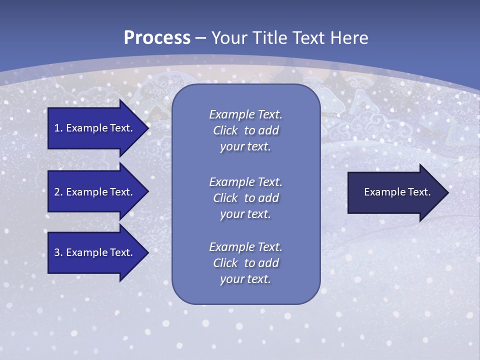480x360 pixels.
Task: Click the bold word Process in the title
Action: tap(157, 37)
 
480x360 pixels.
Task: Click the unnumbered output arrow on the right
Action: tap(390, 192)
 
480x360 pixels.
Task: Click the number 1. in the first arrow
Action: tap(58, 128)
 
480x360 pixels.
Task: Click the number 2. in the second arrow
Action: tap(58, 192)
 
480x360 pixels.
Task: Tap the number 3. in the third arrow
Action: tap(58, 252)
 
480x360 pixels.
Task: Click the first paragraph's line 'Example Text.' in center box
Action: tap(245, 114)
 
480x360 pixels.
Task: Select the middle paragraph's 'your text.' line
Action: tap(245, 214)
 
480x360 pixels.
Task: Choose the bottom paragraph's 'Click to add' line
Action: tap(245, 263)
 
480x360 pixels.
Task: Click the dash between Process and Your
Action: tap(200, 37)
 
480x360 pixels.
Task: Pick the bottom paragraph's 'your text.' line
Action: tap(245, 279)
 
